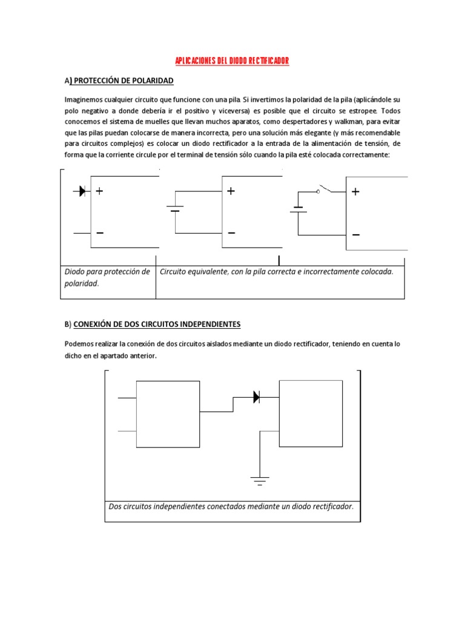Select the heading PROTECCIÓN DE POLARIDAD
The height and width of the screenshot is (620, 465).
click(122, 81)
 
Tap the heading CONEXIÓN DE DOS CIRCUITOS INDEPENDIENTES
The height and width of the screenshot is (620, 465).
click(157, 325)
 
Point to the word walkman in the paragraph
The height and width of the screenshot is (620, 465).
click(332, 122)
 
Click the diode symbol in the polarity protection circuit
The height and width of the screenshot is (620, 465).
click(81, 191)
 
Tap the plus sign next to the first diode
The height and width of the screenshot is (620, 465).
click(99, 191)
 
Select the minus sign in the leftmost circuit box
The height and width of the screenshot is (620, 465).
click(99, 233)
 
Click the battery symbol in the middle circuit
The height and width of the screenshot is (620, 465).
click(175, 210)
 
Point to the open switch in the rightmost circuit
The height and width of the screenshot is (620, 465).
click(325, 190)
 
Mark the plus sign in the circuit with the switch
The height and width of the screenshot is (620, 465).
click(355, 192)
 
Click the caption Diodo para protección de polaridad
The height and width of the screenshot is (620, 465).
click(107, 277)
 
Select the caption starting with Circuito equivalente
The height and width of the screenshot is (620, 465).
click(276, 272)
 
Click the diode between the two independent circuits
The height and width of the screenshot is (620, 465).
click(256, 397)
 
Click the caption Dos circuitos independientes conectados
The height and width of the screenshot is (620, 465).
click(231, 506)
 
